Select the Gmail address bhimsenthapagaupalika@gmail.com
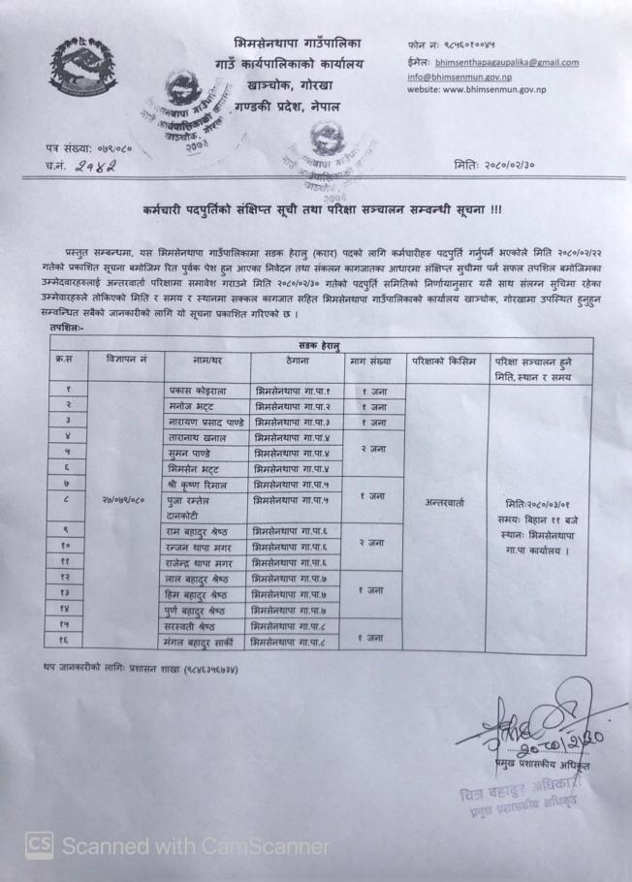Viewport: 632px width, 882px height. click(x=506, y=63)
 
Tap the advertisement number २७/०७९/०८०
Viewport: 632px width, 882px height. click(x=121, y=502)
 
